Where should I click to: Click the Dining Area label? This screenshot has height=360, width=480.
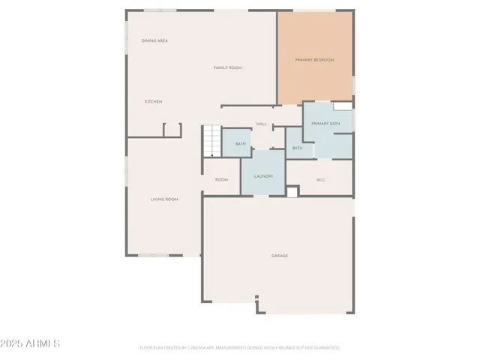(x=154, y=40)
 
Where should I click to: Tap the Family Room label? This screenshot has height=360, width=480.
(x=227, y=67)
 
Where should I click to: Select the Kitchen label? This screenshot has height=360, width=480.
(x=153, y=101)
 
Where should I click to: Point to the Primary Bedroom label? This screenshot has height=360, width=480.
(x=314, y=60)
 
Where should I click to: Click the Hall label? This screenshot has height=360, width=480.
(x=262, y=124)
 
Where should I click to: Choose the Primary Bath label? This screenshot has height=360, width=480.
(x=325, y=123)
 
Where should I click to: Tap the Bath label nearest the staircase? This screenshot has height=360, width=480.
(x=240, y=143)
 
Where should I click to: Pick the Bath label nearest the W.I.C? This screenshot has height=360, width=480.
(x=297, y=148)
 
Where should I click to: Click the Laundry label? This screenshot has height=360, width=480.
(x=262, y=176)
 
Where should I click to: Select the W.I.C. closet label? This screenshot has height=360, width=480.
(x=320, y=179)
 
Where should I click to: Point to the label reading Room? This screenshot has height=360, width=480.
(x=221, y=180)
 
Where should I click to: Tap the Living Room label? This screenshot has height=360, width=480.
(x=163, y=199)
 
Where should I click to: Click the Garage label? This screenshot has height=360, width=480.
(x=279, y=256)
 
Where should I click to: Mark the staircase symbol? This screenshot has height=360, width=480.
(x=211, y=141)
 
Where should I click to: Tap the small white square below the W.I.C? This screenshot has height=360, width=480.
(x=292, y=192)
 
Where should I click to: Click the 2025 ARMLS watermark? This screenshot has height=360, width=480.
(x=31, y=343)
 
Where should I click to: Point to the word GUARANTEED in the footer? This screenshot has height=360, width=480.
(x=327, y=348)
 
